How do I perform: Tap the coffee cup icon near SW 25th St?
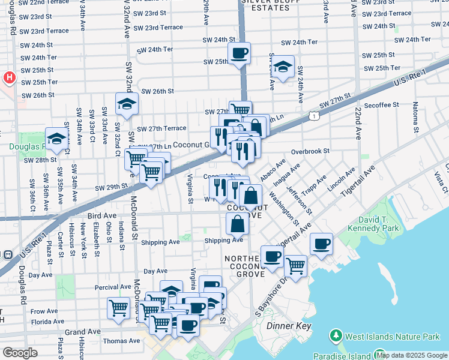tap(239, 53)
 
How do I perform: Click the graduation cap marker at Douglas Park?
tap(56, 138)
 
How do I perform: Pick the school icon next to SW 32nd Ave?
tap(127, 104)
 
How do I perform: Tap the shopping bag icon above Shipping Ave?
tap(238, 224)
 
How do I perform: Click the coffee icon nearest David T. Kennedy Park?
tap(322, 244)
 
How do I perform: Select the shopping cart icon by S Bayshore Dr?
tap(295, 266)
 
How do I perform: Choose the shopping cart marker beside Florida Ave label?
tap(118, 308)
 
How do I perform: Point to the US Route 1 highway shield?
tap(313, 115)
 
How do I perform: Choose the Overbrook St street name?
tap(310, 152)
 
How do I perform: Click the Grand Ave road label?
tap(83, 332)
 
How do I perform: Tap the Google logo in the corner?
tap(19, 353)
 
